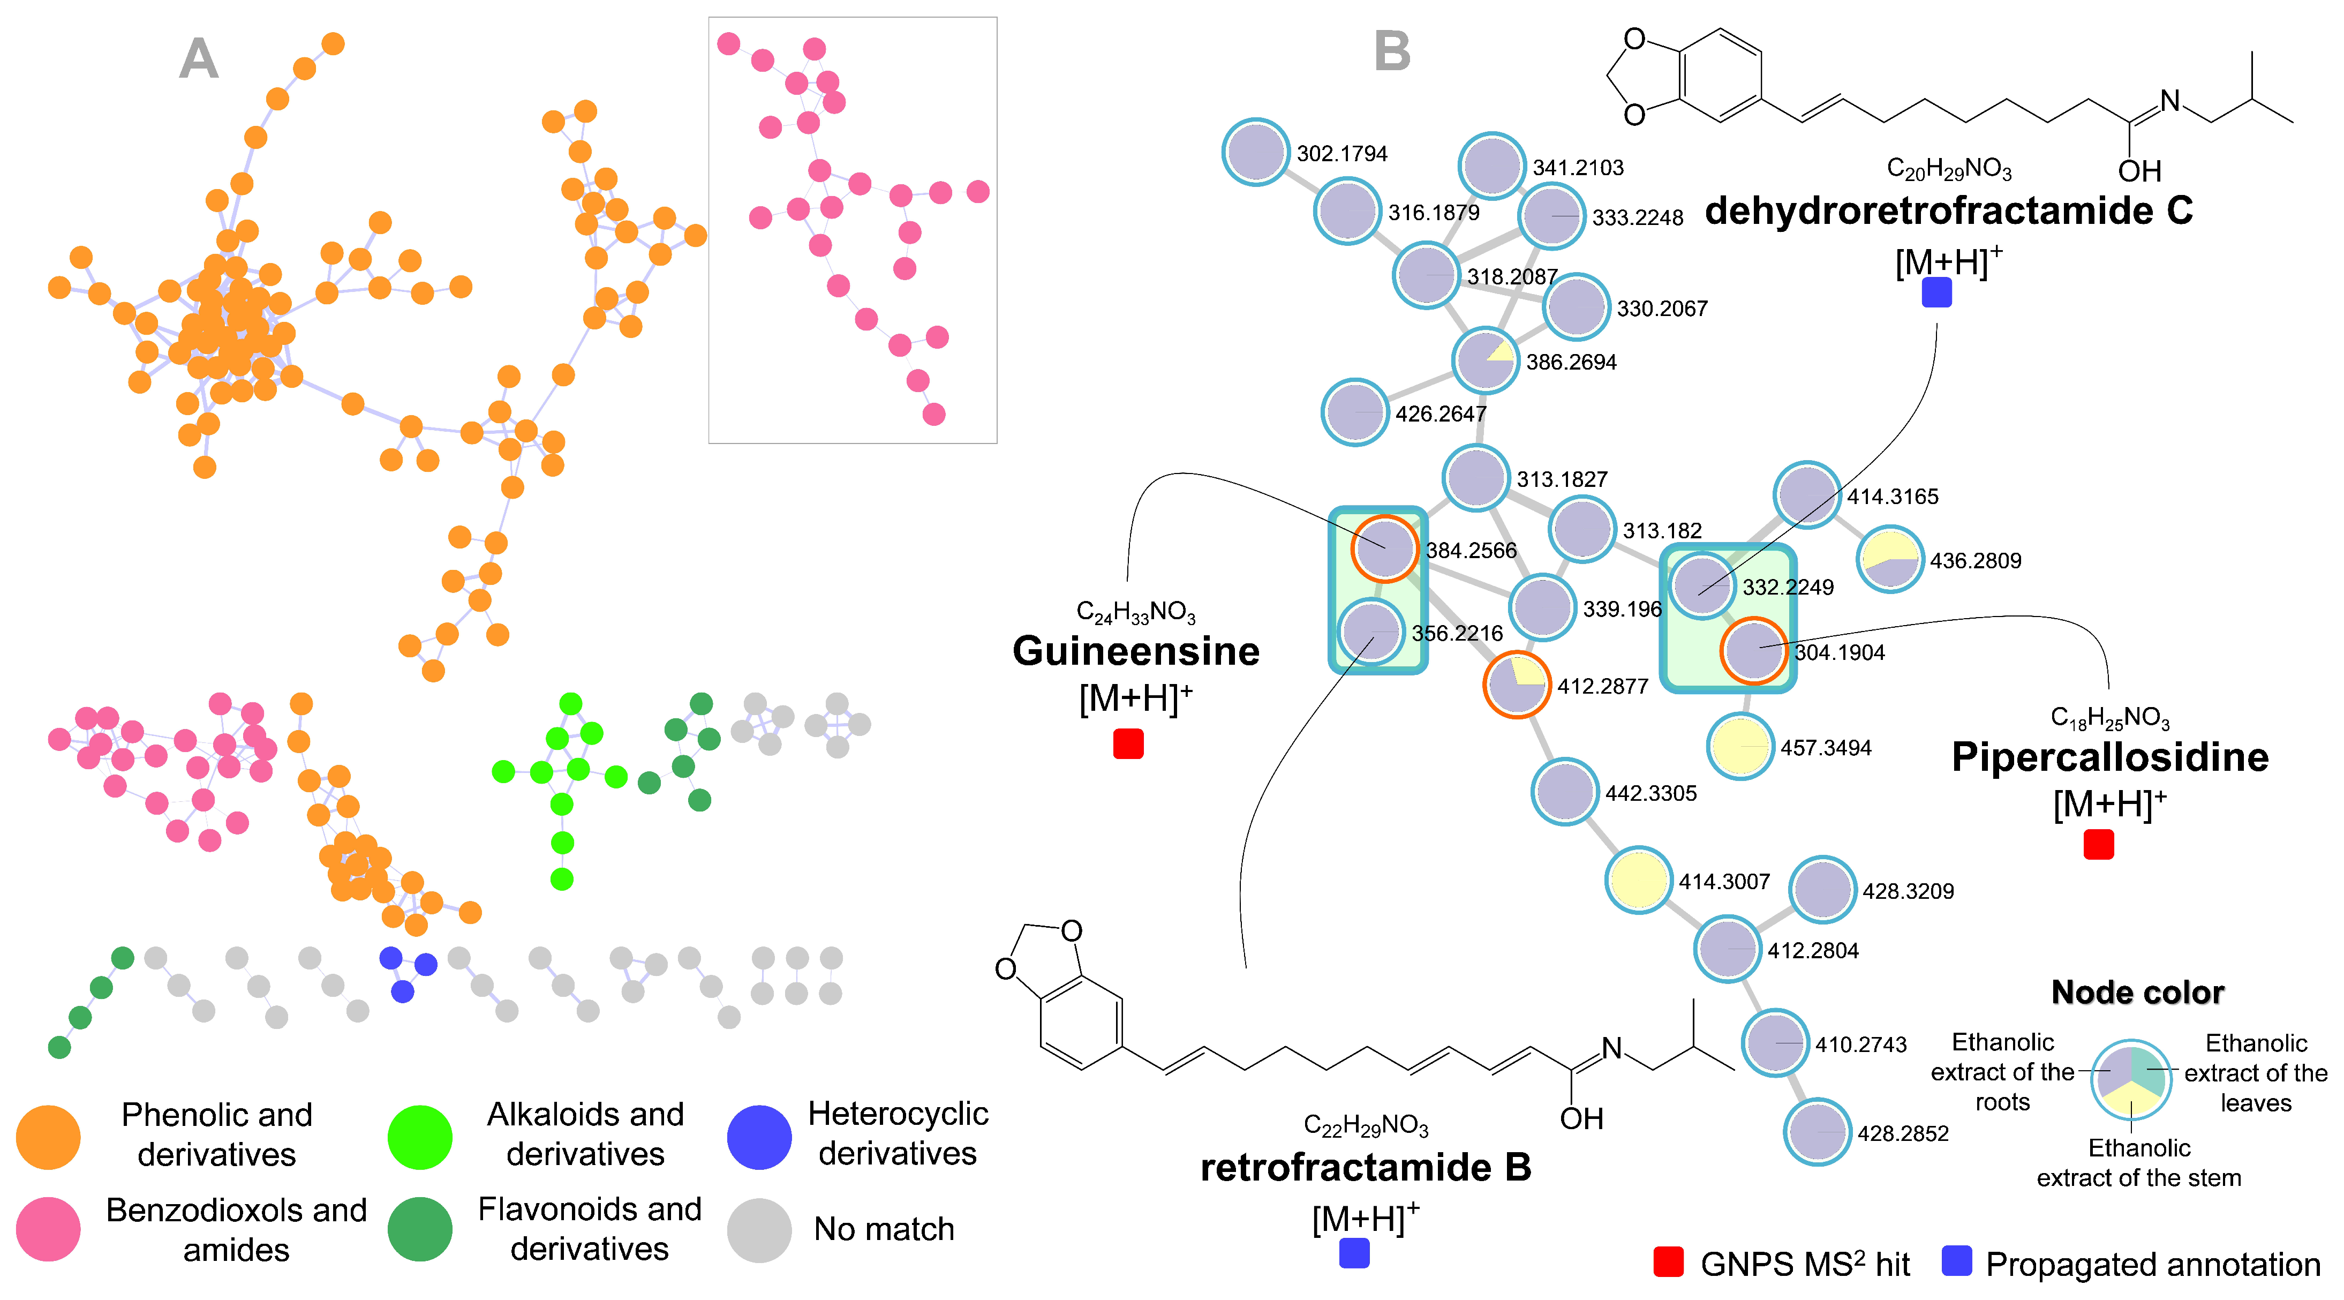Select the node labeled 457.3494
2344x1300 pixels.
tap(1740, 747)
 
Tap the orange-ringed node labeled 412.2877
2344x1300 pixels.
tap(1516, 685)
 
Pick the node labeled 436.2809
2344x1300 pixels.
tap(1890, 559)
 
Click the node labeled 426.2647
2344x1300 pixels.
tap(1355, 412)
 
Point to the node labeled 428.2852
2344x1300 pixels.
tap(1817, 1132)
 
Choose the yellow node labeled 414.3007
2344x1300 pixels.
tap(1638, 880)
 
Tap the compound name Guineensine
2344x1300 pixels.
tap(1136, 651)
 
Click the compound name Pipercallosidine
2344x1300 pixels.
tap(2109, 757)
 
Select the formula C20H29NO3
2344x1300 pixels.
tap(1949, 169)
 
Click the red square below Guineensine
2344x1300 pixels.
tap(1128, 744)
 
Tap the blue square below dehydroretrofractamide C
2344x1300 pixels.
tap(1936, 292)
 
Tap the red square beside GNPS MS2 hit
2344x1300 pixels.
tap(1668, 1262)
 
